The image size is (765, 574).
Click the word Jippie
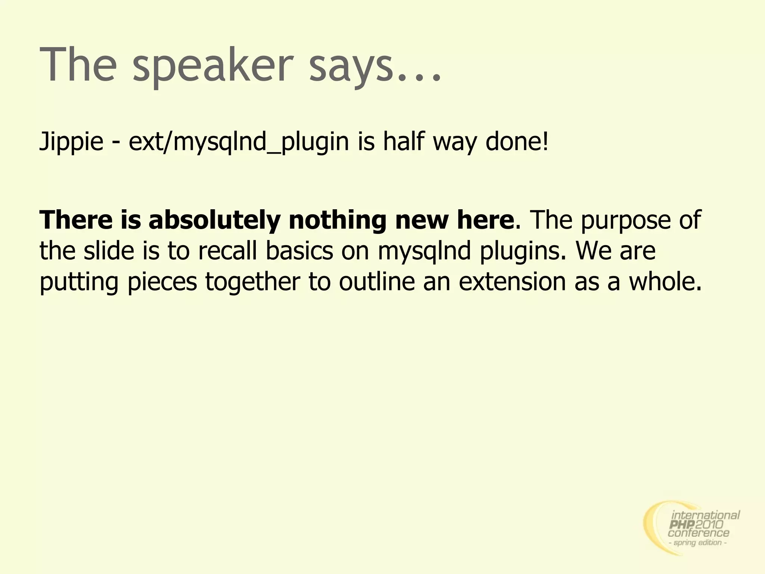(x=71, y=142)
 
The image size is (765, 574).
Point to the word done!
(x=517, y=142)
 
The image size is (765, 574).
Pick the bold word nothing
(x=337, y=220)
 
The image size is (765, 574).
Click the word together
(x=253, y=282)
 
